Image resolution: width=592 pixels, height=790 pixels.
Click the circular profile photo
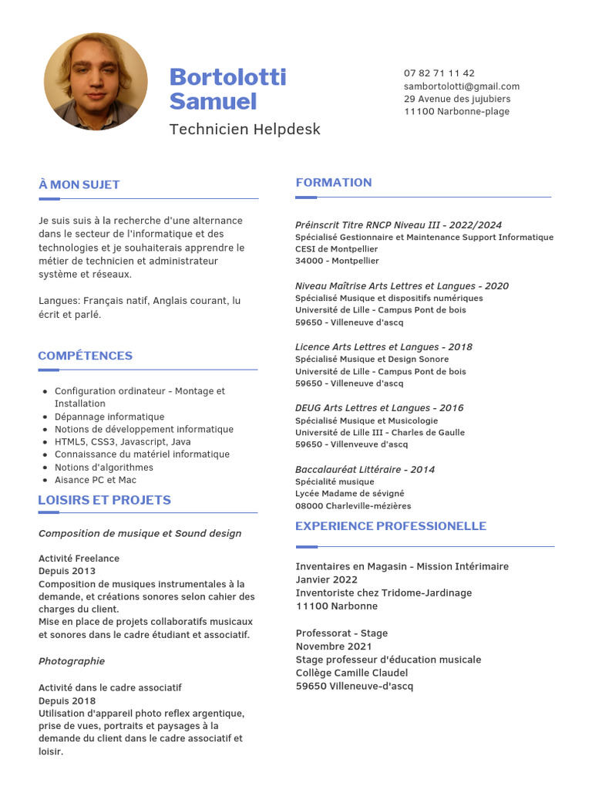click(x=96, y=81)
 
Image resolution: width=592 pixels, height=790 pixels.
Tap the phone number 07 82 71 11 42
click(x=439, y=73)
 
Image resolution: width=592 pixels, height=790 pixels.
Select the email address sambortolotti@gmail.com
click(x=461, y=86)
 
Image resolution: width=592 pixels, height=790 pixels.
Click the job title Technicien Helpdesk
click(x=244, y=129)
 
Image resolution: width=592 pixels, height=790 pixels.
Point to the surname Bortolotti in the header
click(x=227, y=77)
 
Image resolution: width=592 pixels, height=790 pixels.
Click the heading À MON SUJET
click(x=79, y=184)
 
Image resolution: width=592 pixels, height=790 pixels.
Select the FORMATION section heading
click(x=333, y=182)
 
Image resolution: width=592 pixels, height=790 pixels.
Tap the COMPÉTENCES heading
click(x=85, y=356)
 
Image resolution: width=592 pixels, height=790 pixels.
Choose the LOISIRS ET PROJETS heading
click(x=104, y=500)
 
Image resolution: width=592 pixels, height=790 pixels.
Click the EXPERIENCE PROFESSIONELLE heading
click(x=390, y=526)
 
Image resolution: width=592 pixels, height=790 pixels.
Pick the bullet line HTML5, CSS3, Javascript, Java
click(x=123, y=442)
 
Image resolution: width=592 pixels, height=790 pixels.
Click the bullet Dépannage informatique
click(x=109, y=417)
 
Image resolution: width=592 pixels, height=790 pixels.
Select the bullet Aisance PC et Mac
click(x=95, y=480)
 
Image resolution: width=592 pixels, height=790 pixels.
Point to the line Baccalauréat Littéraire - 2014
click(x=365, y=469)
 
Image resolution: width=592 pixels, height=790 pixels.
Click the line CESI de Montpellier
click(x=336, y=249)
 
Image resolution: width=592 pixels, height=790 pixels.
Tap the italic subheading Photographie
click(x=72, y=661)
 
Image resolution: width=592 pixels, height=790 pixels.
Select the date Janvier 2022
click(x=326, y=579)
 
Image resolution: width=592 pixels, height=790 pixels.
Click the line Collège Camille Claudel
click(x=353, y=673)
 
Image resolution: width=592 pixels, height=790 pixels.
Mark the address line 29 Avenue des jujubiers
click(x=456, y=99)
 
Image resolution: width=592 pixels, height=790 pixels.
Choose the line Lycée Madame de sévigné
click(x=349, y=494)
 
